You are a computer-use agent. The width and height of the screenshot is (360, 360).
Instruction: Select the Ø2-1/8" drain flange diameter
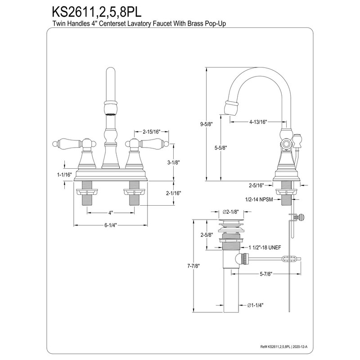point(230,212)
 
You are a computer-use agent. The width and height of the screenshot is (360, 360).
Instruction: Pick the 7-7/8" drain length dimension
point(194,265)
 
